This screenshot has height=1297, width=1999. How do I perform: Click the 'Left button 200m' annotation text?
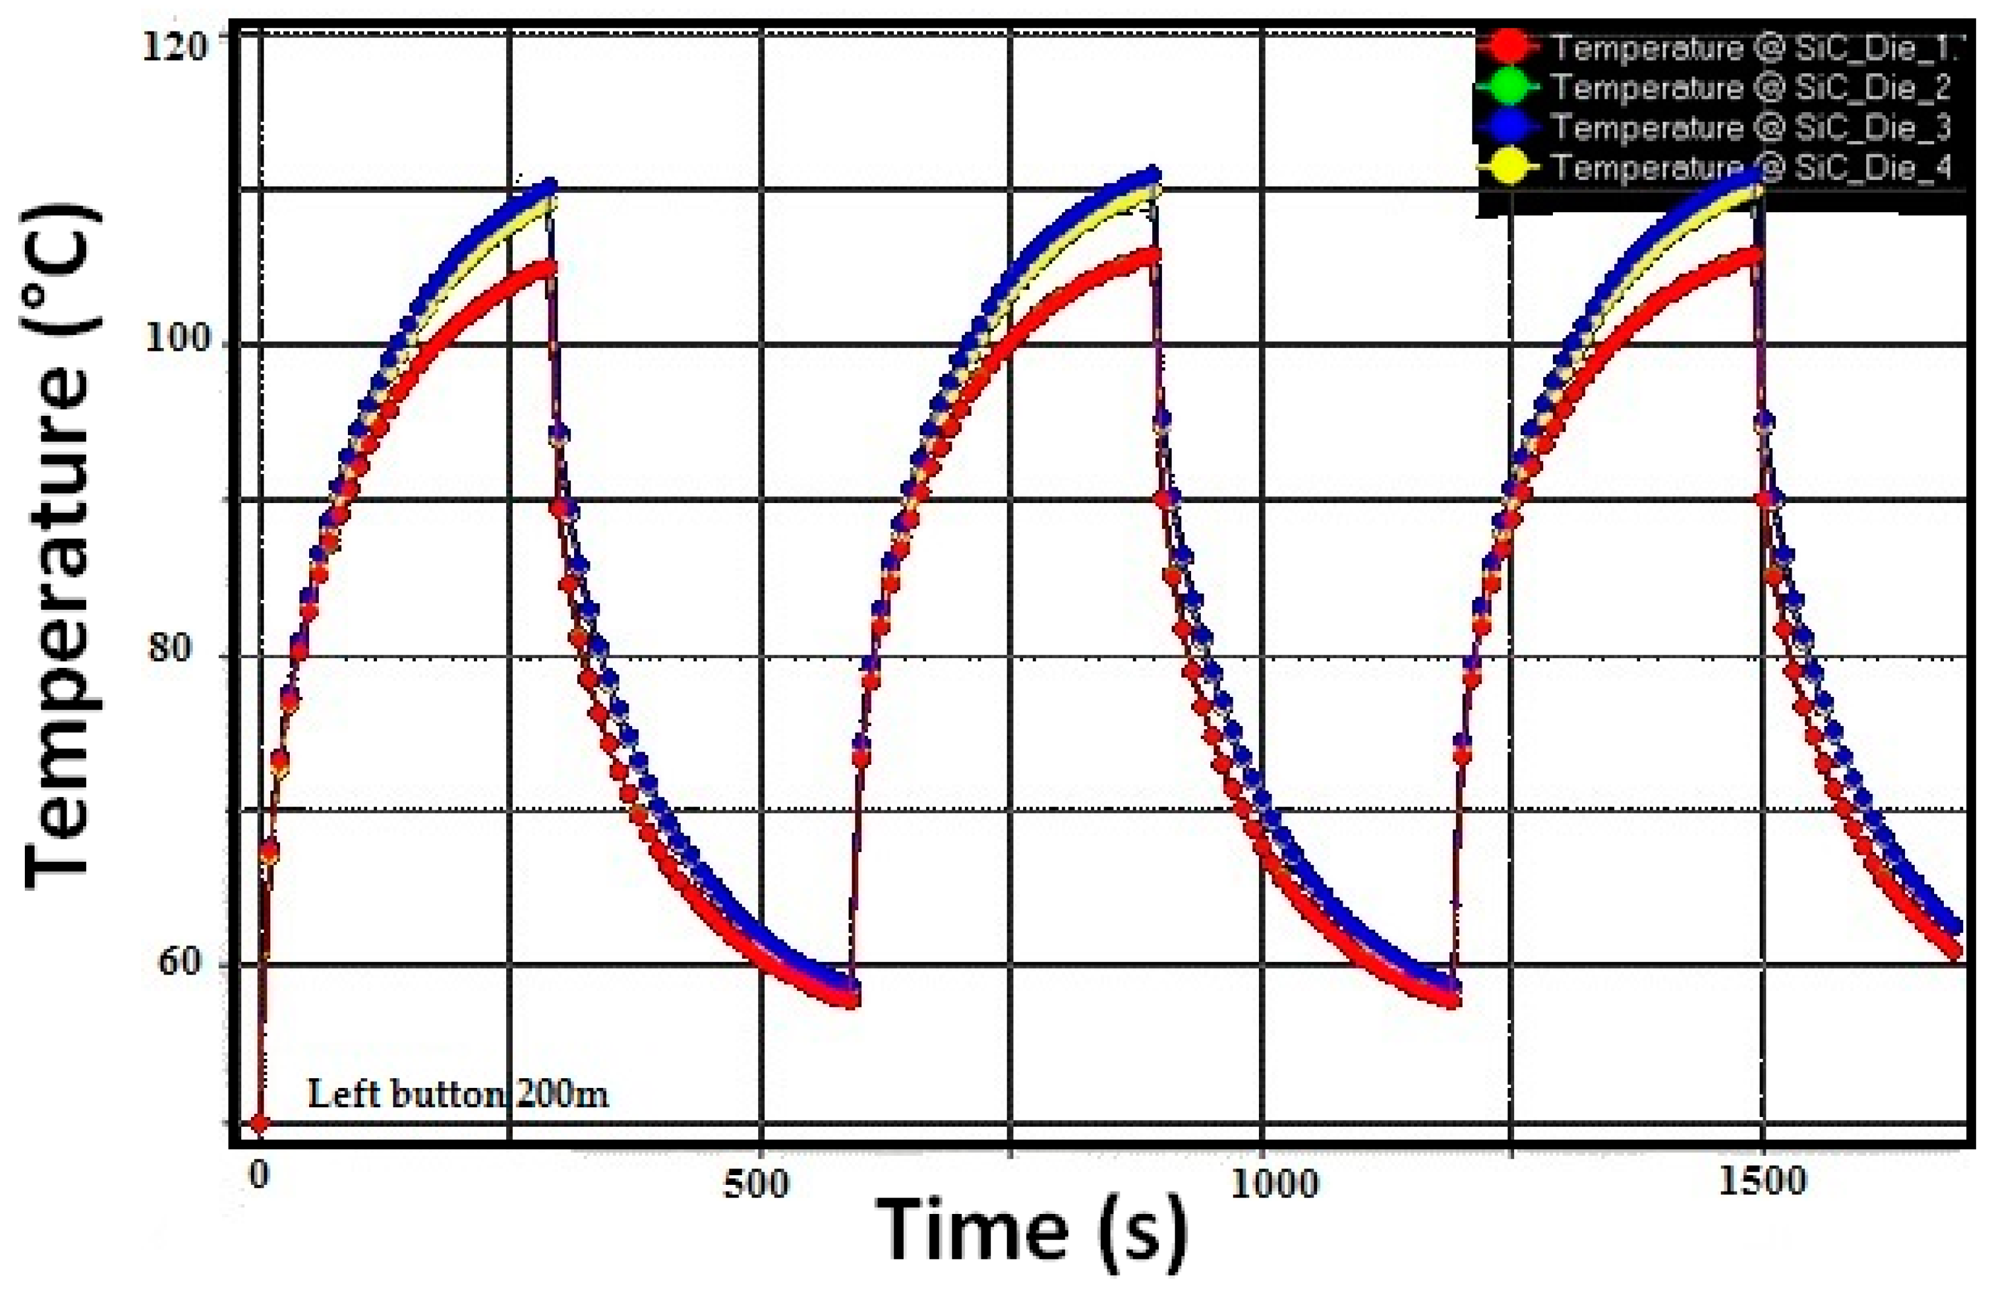click(458, 1094)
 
